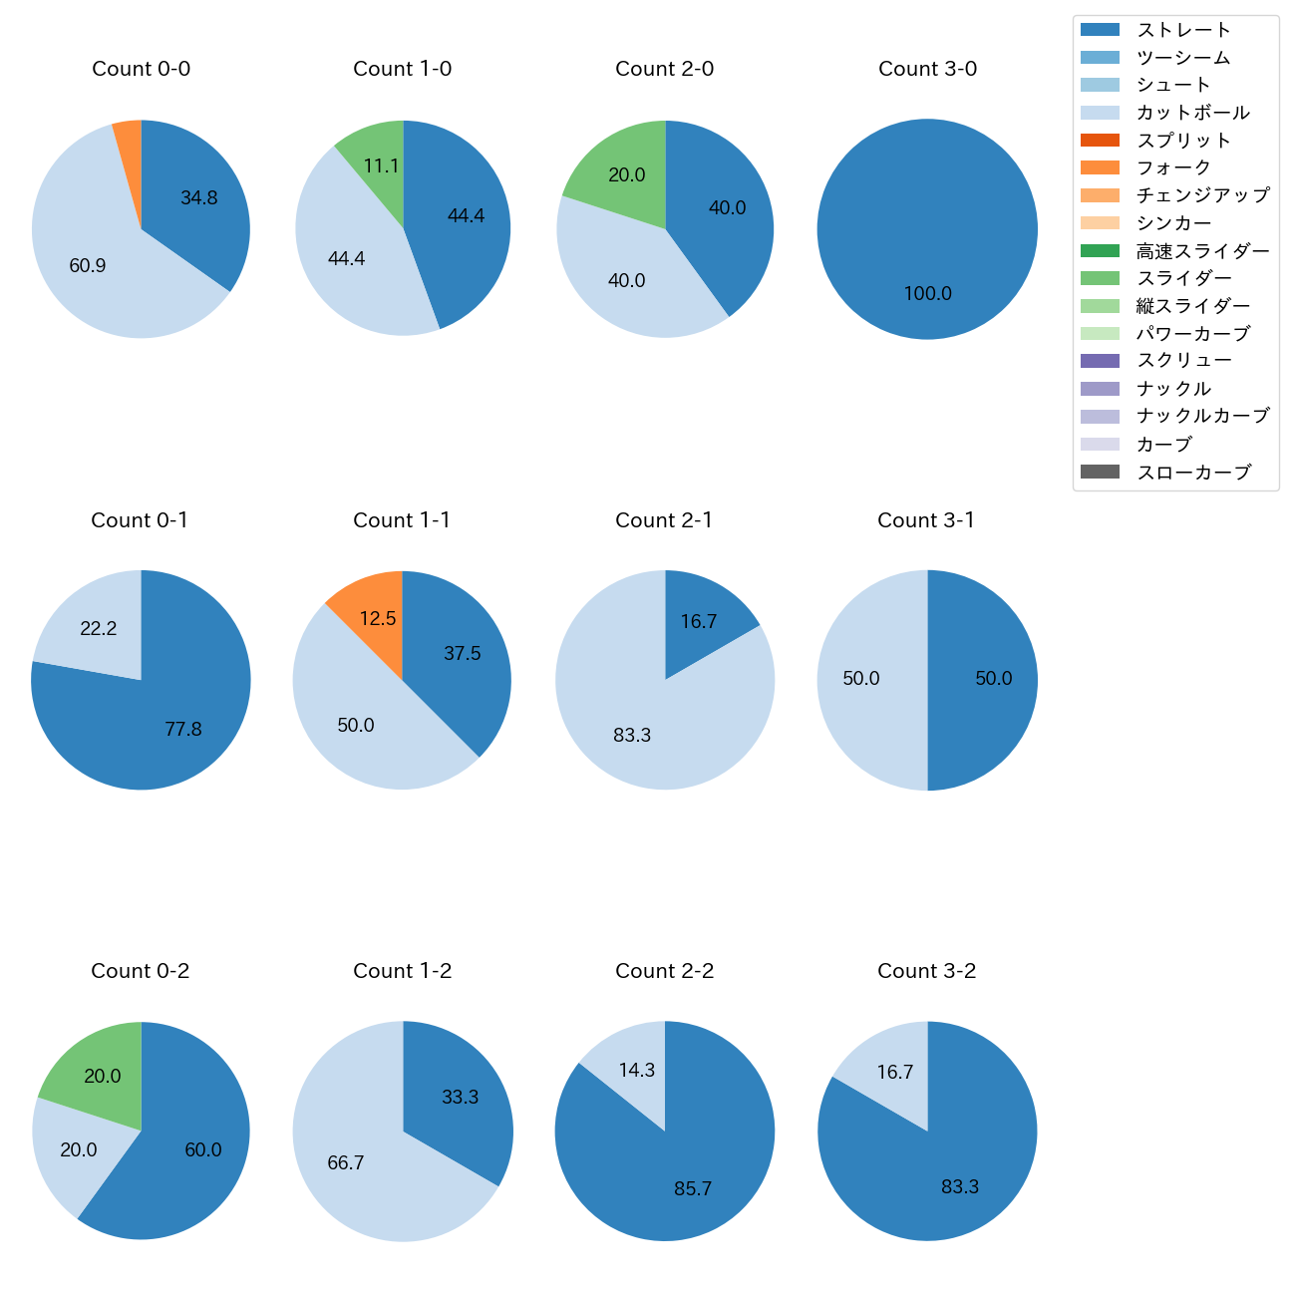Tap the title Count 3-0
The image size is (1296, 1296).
point(927,69)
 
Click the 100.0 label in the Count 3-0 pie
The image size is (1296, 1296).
point(927,294)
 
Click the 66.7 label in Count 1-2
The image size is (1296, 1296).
point(345,1163)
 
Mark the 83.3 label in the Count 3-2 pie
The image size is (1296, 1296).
point(960,1187)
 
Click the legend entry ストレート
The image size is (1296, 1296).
point(1183,30)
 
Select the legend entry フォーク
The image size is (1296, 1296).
point(1173,167)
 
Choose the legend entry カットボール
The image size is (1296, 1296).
point(1192,113)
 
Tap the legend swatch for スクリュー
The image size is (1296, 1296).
point(1100,361)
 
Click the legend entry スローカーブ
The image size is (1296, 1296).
point(1193,473)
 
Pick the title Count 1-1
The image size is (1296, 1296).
point(402,520)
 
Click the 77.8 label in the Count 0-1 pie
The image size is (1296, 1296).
point(183,730)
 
